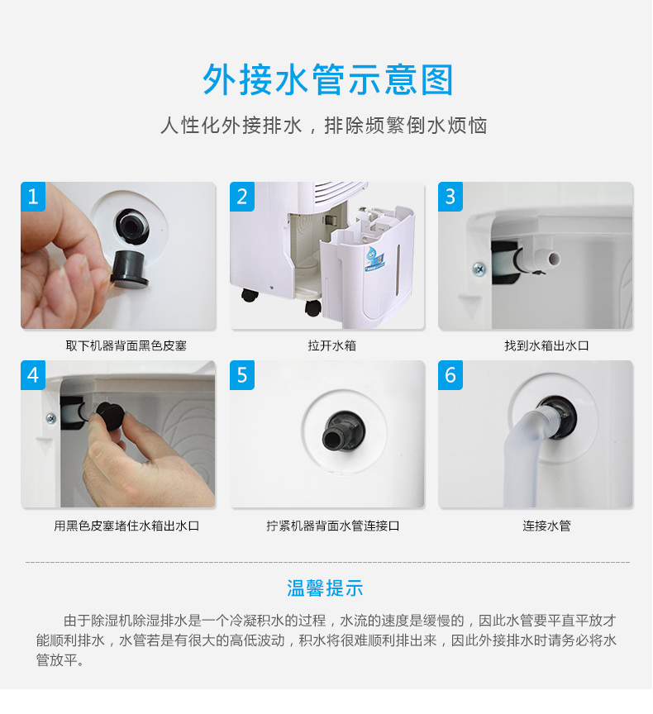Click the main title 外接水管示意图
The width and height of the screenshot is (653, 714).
328,79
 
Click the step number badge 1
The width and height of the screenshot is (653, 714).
33,197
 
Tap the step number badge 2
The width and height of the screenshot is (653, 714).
242,197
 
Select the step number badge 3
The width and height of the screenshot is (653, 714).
450,197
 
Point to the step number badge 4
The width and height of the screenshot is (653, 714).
33,375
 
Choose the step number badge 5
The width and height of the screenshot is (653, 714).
242,375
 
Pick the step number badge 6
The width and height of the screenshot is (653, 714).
450,375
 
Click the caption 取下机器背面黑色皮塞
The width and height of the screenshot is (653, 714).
126,346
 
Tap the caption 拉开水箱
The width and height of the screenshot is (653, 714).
332,346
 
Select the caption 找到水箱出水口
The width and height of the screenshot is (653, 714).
546,346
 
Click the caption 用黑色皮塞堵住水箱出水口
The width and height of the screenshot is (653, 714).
126,526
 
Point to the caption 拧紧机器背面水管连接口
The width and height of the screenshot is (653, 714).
333,526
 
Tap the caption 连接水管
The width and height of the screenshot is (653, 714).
546,526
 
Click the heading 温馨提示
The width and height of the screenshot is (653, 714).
325,588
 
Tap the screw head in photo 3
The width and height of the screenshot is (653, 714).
479,269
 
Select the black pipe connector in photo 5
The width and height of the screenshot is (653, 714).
343,431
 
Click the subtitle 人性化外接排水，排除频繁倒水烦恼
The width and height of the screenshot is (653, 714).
324,126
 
